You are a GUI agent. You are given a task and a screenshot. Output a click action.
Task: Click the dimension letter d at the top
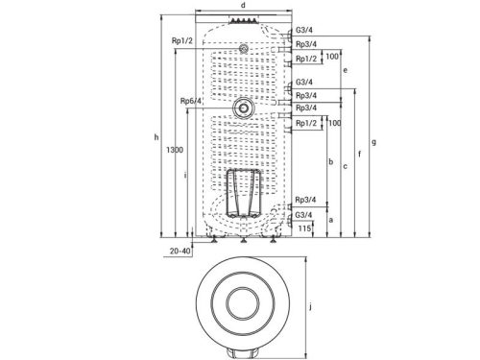(x=243, y=5)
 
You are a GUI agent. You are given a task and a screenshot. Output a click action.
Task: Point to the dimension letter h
(x=156, y=137)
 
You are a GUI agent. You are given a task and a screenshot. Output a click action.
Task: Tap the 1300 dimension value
(x=175, y=150)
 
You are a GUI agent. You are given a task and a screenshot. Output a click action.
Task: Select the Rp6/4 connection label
(x=191, y=101)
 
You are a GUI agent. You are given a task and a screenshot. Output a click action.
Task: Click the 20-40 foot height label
(x=180, y=252)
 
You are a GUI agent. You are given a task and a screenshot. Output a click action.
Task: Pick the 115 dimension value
(x=304, y=228)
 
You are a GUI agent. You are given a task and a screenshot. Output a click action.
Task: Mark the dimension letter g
(x=373, y=142)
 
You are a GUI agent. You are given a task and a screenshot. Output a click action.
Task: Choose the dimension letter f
(x=360, y=155)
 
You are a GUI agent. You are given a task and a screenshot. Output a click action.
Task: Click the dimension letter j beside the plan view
(x=310, y=307)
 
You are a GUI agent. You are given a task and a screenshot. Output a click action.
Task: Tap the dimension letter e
(x=345, y=70)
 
